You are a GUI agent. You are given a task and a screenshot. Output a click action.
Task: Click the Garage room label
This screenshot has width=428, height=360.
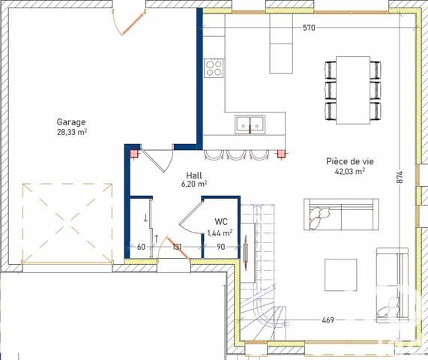pos(71,121)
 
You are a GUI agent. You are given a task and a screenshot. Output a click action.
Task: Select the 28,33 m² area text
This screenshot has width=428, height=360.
pos(71,132)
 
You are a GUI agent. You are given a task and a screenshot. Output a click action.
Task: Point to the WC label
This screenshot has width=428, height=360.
pos(220,222)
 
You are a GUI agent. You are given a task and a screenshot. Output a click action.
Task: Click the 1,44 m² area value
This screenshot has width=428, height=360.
pos(220,233)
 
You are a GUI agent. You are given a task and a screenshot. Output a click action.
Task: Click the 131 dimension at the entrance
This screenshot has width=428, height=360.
pos(178,247)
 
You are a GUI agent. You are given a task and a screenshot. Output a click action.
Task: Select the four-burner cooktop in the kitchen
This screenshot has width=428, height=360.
pos(214,68)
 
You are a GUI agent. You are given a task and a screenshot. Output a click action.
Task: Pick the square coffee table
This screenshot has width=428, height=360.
pos(341,274)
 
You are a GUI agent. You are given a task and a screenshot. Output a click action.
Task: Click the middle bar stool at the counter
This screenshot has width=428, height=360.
pos(236,154)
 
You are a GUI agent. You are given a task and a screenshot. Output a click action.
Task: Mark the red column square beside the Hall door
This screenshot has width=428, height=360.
pos(134,155)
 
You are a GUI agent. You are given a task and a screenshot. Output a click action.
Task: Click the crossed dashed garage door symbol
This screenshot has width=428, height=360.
pos(66,220)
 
